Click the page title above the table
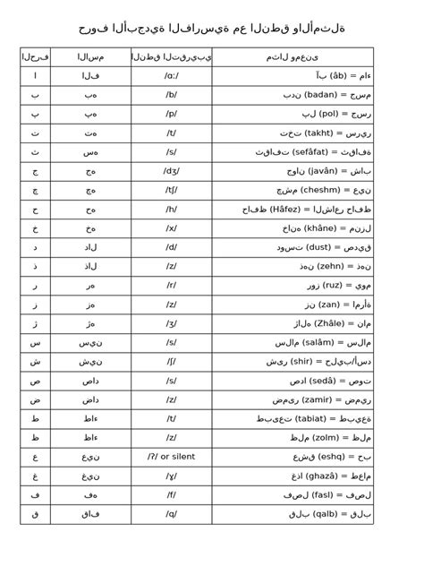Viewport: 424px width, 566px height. (x=212, y=29)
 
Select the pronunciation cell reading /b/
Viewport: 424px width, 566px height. (x=171, y=95)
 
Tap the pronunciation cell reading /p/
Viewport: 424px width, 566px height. (x=171, y=114)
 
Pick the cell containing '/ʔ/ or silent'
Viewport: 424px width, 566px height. (x=171, y=457)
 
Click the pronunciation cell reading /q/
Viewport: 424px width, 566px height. (x=171, y=514)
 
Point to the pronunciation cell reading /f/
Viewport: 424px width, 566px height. (x=171, y=495)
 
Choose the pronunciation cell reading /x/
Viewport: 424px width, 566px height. (x=171, y=228)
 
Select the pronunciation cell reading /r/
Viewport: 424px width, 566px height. (x=171, y=286)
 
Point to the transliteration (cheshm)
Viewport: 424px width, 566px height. (x=315, y=190)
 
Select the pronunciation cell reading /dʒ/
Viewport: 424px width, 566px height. (x=171, y=171)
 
